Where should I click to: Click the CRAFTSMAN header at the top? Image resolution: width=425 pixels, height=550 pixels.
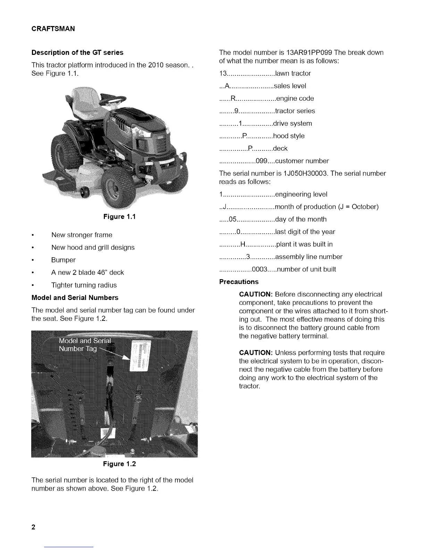(53, 29)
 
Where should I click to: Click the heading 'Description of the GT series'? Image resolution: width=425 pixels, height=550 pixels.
(77, 52)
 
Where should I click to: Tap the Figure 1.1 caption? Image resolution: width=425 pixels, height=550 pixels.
(119, 217)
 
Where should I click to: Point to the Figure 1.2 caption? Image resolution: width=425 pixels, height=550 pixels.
(119, 464)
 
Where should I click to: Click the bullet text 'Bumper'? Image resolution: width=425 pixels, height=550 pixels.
(63, 260)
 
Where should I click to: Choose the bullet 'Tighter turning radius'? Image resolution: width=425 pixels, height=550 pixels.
(84, 285)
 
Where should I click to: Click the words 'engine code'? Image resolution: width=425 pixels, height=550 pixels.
(295, 98)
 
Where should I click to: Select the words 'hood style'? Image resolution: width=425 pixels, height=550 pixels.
(289, 136)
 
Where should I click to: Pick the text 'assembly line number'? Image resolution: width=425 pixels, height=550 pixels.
(309, 257)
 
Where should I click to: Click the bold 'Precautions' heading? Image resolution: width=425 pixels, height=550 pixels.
(239, 282)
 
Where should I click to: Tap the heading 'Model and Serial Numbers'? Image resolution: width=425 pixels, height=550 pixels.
(75, 298)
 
